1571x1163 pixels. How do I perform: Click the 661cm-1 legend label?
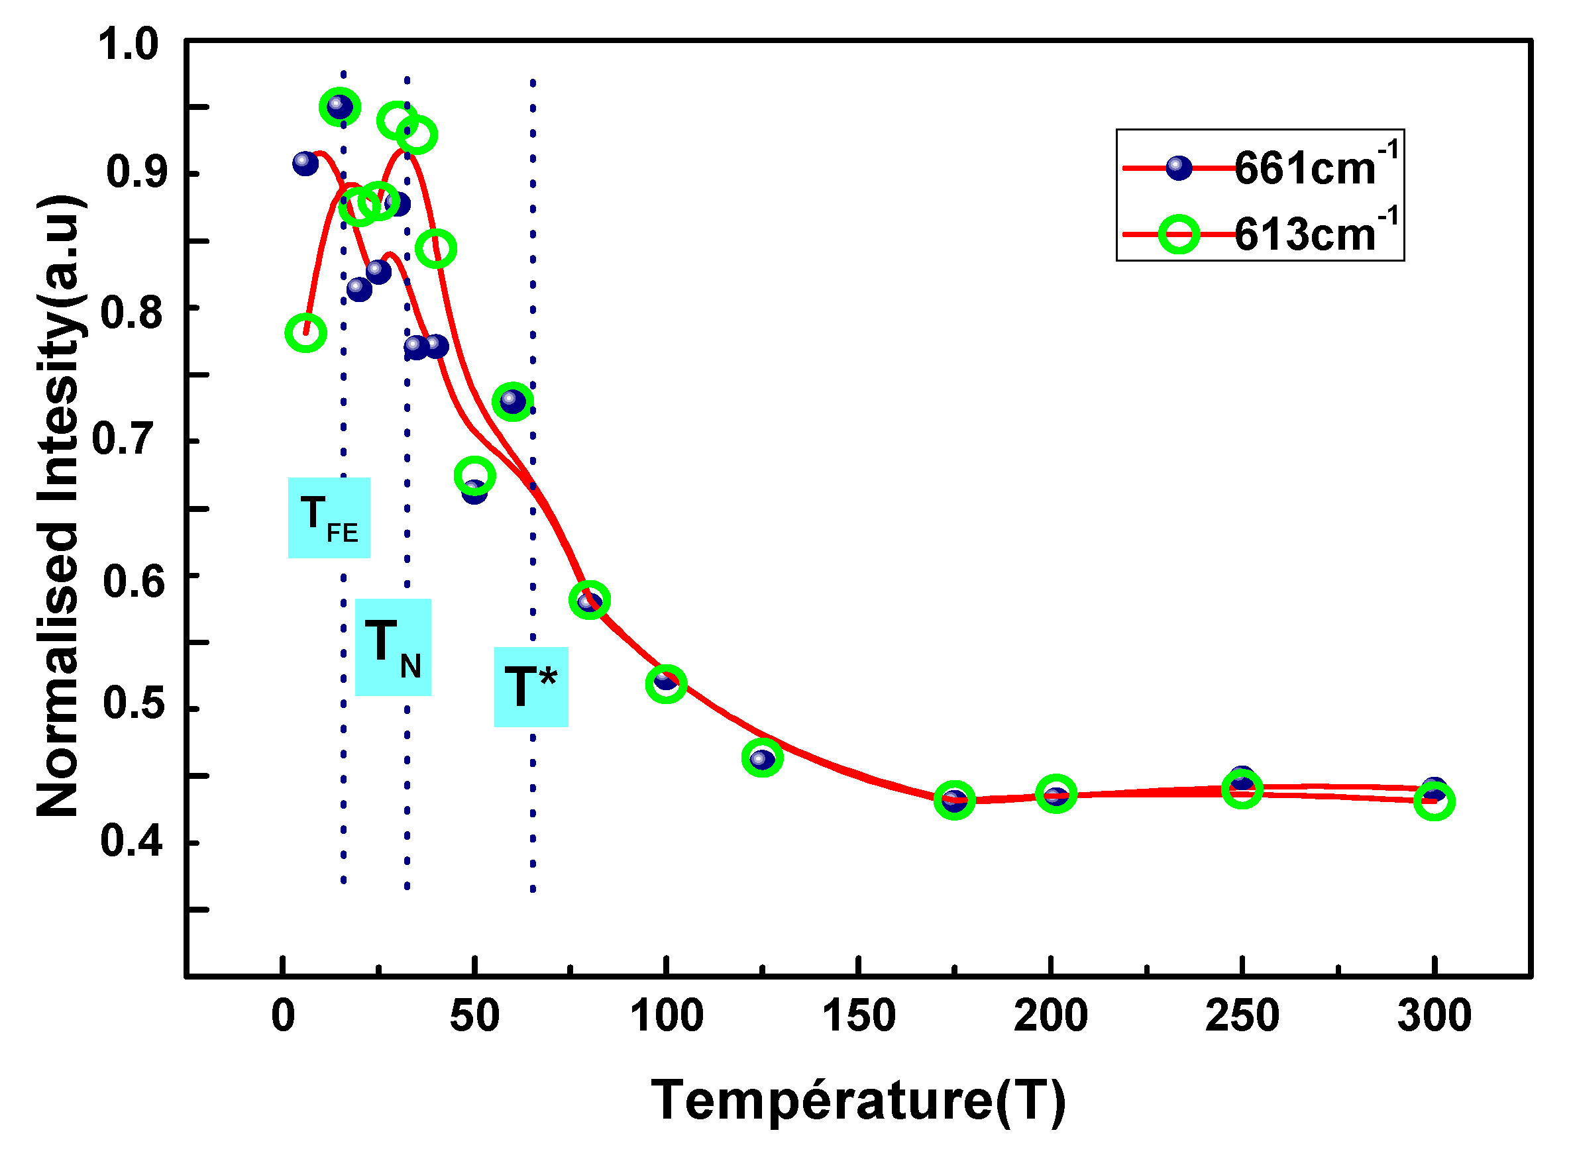(1315, 168)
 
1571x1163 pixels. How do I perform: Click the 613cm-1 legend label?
(1315, 233)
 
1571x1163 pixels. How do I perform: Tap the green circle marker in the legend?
(1179, 234)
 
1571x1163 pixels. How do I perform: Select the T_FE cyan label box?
(329, 518)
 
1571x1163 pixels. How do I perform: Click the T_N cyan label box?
(393, 648)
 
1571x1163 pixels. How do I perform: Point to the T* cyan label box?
(531, 687)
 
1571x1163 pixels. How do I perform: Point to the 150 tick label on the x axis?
(858, 1017)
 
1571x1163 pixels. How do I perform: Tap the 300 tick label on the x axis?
(1434, 1017)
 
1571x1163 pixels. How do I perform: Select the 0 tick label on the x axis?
(283, 1017)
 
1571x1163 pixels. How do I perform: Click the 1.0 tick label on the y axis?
(128, 44)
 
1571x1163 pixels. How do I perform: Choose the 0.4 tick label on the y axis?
(131, 840)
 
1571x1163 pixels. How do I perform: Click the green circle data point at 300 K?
(1434, 802)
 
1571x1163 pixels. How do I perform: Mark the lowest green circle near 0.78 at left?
(305, 333)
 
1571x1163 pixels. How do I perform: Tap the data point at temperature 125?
(762, 758)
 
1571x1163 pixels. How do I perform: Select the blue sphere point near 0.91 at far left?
(305, 164)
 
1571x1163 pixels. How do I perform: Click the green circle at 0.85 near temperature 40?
(436, 248)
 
